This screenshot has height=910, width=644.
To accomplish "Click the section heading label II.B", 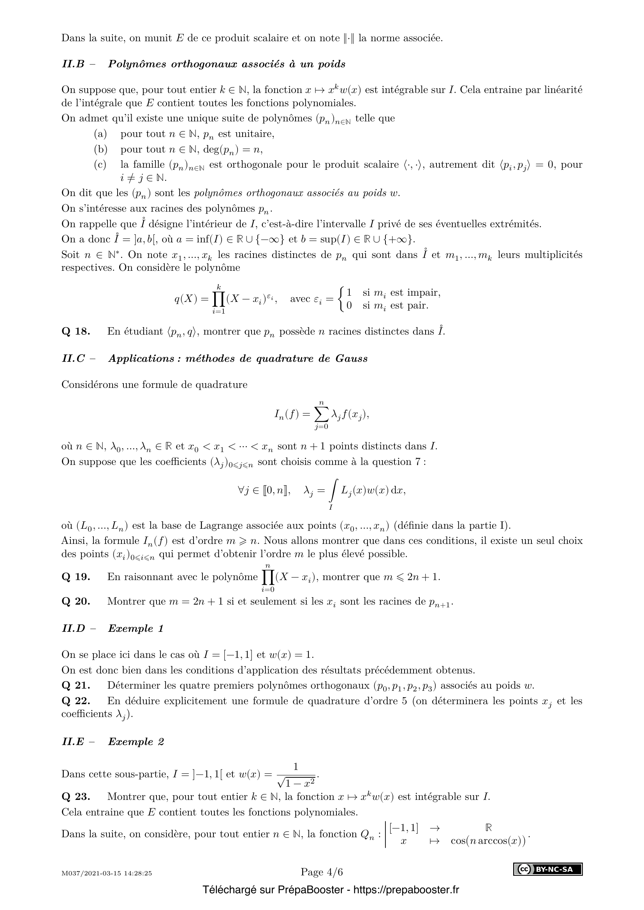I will tap(73, 64).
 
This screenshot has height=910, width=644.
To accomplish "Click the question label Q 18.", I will tap(76, 331).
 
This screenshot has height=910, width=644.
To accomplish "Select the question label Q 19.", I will tap(76, 577).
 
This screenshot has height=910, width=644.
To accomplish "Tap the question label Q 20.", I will tap(76, 601).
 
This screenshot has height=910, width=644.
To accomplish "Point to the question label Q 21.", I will tap(76, 685).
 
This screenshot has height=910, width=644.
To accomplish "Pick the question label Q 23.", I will tap(76, 797).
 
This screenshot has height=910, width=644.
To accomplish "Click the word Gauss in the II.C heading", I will tap(351, 359).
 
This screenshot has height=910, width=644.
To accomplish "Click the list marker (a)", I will tap(100, 134).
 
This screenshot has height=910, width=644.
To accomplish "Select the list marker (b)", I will tap(100, 149).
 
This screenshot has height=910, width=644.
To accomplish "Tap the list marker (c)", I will tap(100, 165).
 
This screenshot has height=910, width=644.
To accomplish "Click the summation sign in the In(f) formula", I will tap(321, 415).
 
